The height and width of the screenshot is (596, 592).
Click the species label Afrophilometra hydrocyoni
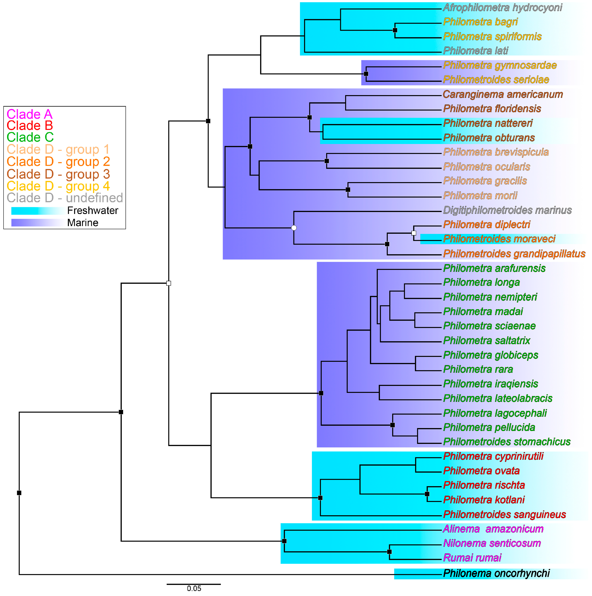click(502, 7)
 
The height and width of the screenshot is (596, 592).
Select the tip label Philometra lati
click(475, 51)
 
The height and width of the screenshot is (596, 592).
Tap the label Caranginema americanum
click(503, 94)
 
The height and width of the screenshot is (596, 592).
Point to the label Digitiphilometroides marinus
click(507, 210)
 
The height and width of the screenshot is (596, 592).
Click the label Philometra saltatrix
click(486, 341)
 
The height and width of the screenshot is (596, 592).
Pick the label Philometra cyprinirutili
click(493, 456)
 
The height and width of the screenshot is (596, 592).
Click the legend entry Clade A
click(30, 114)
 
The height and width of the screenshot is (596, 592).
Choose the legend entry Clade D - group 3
click(58, 174)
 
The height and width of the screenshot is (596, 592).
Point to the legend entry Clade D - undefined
click(65, 198)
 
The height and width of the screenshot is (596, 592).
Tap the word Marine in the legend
click(83, 223)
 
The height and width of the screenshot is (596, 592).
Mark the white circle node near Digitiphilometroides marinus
click(294, 228)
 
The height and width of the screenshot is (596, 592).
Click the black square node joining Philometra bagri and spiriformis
click(395, 30)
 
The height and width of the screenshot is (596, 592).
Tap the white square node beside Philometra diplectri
click(414, 233)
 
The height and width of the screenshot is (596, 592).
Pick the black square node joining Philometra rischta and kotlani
click(427, 494)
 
